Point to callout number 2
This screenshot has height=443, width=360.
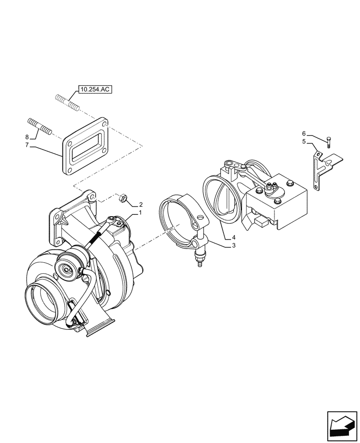pos(141,205)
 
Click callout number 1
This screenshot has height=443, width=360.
pos(140,213)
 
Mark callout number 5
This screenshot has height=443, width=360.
pos(304,142)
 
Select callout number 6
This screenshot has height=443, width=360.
pos(304,133)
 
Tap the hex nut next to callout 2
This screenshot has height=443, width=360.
pos(123,198)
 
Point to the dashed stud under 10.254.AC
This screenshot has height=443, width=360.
pos(67,102)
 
